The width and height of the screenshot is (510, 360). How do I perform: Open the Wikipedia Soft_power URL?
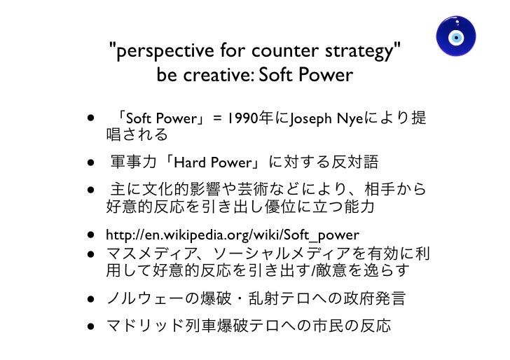pyautogui.click(x=232, y=235)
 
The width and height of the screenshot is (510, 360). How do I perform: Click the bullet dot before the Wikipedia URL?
pyautogui.click(x=92, y=235)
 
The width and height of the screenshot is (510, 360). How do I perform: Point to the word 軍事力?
pyautogui.click(x=132, y=163)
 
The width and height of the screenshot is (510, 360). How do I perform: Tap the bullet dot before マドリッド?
pyautogui.click(x=92, y=326)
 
